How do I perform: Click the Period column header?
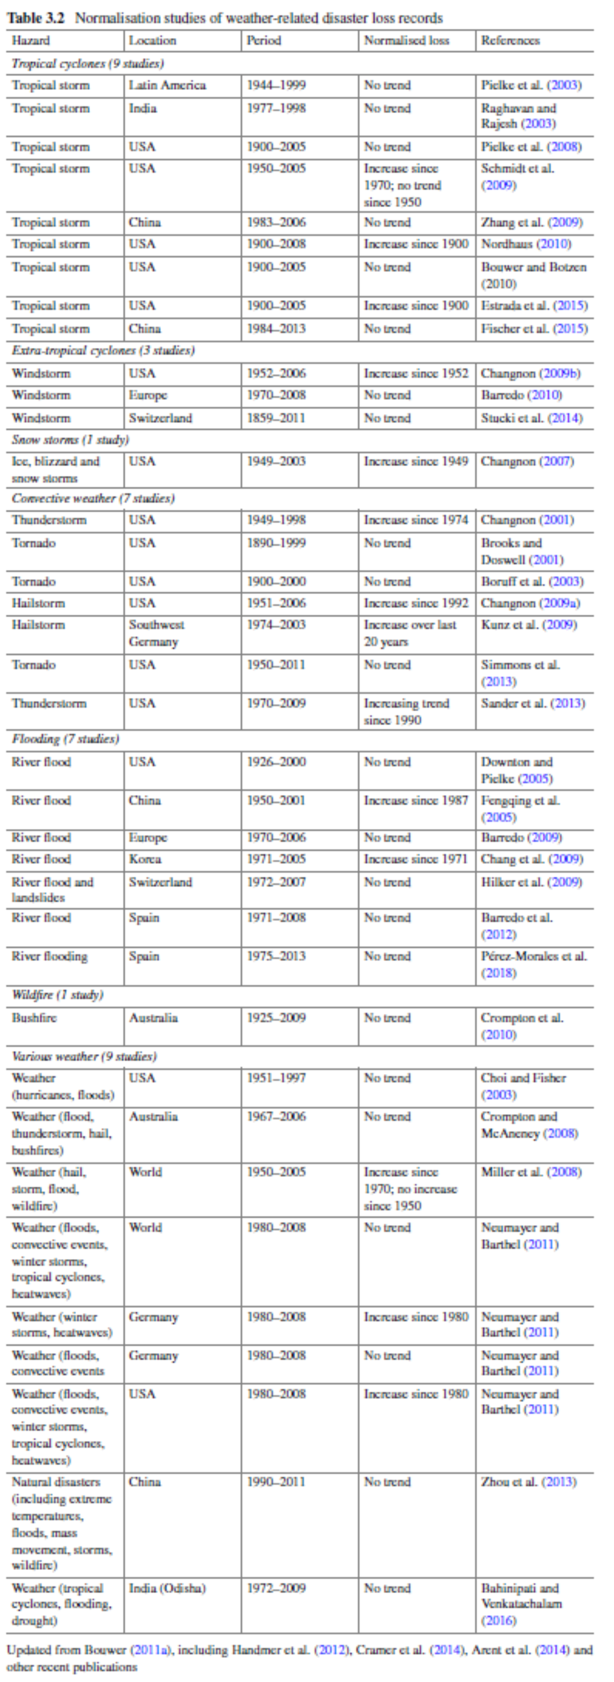point(264,41)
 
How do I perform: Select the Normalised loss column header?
point(406,41)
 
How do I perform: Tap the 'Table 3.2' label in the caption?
point(36,18)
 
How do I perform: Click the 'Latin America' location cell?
point(167,85)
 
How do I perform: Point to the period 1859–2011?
point(276,418)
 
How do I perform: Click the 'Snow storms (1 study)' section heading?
point(70,440)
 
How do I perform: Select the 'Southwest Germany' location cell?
point(157,633)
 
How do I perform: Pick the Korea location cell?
point(145,859)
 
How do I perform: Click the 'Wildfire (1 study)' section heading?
point(57,995)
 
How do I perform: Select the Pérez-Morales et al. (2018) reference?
point(533,964)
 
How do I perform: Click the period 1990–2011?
point(276,1482)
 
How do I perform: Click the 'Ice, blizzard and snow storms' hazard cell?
point(55,469)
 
